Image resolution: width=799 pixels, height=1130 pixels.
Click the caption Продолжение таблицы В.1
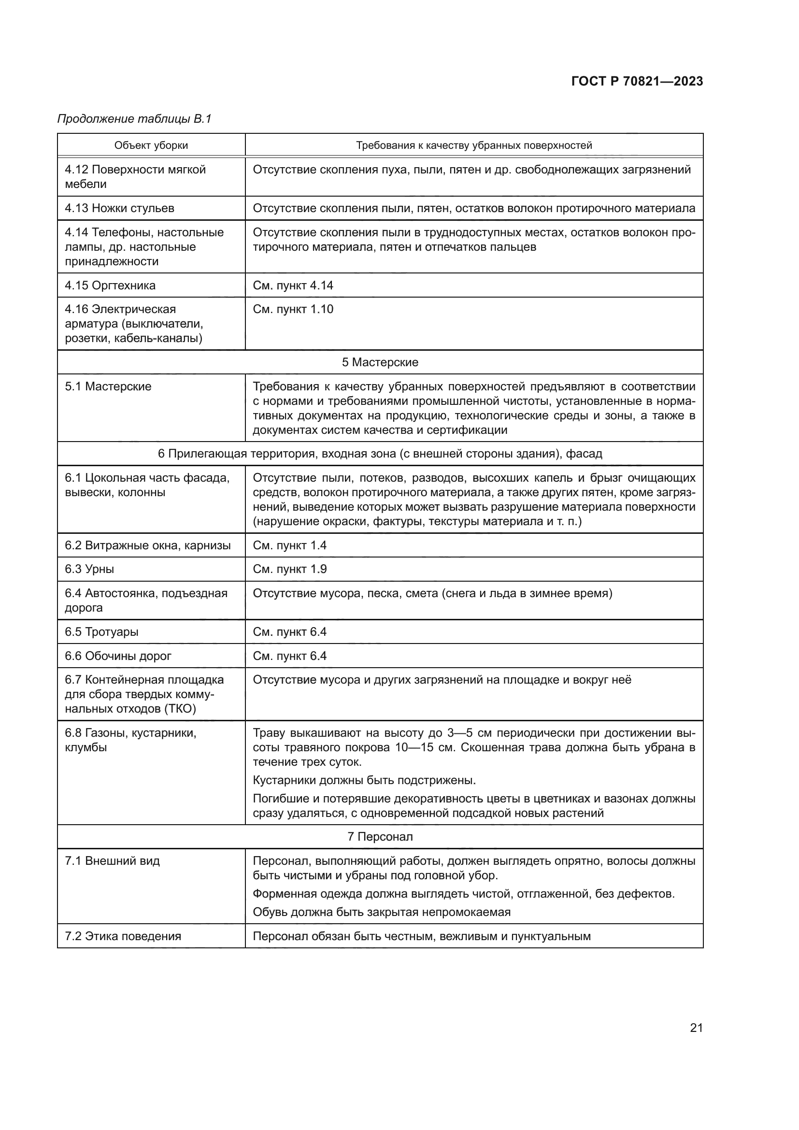coord(134,119)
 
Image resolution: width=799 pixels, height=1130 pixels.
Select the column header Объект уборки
coord(151,145)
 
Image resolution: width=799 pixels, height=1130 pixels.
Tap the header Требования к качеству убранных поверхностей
coord(474,145)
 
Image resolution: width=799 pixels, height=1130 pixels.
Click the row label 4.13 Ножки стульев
coord(119,208)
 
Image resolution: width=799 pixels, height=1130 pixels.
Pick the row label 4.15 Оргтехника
coord(110,286)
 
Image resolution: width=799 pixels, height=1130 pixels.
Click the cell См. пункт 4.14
coord(293,286)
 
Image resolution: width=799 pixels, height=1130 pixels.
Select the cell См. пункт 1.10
coord(293,309)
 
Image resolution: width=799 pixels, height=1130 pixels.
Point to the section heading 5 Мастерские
coord(380,362)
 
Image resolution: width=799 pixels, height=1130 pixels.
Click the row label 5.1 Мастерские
coord(108,386)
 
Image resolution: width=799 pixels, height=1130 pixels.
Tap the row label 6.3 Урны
coord(89,569)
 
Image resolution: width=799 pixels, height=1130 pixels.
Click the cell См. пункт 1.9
coord(290,569)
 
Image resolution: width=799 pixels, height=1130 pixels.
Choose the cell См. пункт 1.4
coord(290,545)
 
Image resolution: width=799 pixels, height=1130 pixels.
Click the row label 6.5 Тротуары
coord(102,632)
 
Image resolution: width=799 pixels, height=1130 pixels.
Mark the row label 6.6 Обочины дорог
coord(118,656)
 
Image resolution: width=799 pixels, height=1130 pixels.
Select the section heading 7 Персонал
coord(380,837)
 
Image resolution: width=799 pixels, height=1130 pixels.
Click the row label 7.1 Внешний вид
coord(112,861)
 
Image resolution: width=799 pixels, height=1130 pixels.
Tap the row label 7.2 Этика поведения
coord(123,936)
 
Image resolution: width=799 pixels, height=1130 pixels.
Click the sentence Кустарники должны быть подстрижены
coord(364,781)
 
